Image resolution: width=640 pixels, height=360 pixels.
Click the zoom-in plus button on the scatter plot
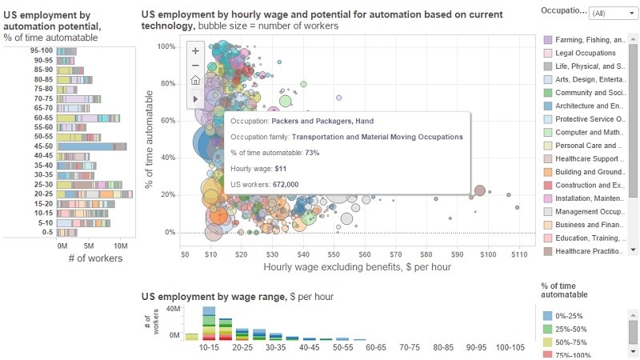click(x=195, y=50)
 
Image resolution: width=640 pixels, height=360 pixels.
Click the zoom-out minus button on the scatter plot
click(x=195, y=66)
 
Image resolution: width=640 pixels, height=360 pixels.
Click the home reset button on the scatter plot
click(x=195, y=81)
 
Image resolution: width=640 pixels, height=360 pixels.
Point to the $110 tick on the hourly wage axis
click(x=518, y=254)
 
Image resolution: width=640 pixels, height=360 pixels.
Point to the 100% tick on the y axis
click(x=165, y=46)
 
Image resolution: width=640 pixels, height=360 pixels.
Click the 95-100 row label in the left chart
click(x=42, y=51)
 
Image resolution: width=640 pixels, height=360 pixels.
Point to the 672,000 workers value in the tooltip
click(x=282, y=184)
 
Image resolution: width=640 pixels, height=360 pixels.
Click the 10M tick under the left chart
click(x=120, y=246)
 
